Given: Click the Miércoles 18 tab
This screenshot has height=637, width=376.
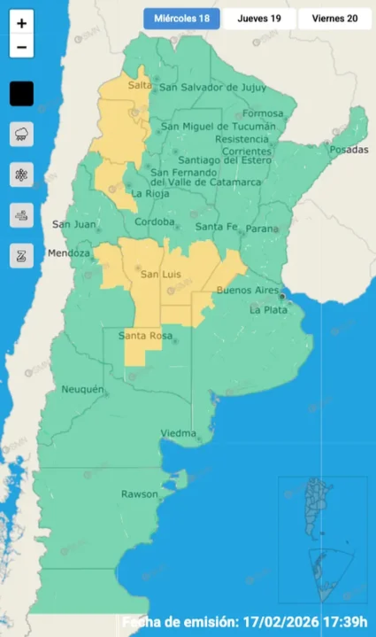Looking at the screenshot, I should click(x=181, y=19).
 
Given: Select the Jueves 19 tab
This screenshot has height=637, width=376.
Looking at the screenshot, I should click(x=259, y=19).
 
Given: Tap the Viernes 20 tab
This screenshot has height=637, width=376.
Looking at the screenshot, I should click(x=335, y=19).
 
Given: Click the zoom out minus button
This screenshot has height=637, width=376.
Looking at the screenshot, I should click(x=22, y=47).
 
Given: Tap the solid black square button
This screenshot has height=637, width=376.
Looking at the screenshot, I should click(x=22, y=94).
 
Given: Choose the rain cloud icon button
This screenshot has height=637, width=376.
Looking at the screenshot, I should click(x=22, y=134).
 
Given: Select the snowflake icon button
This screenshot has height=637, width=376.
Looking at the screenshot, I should click(x=22, y=175).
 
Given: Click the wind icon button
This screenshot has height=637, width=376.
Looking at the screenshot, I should click(x=22, y=216).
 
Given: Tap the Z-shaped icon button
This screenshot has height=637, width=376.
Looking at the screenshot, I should click(x=22, y=256).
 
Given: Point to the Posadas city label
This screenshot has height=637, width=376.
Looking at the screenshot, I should click(x=349, y=150).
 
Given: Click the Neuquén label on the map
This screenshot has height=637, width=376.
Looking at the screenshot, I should click(x=82, y=389).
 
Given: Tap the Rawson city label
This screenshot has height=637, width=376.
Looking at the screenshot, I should click(x=140, y=494).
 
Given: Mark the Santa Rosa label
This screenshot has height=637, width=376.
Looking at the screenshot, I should click(x=145, y=336).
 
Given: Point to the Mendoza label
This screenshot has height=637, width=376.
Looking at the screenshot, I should click(x=69, y=253).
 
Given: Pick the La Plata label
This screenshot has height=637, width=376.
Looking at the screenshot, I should click(x=268, y=310).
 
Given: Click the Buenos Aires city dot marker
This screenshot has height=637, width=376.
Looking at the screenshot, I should click(x=282, y=297).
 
